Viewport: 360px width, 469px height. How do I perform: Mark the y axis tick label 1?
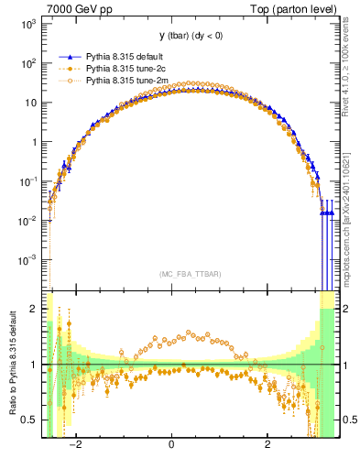click(x=34, y=142)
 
